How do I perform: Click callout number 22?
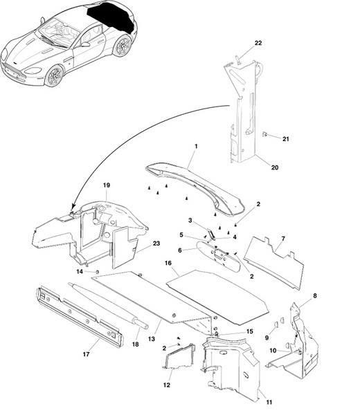click(258, 43)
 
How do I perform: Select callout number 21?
click(285, 139)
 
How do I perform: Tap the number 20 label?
click(275, 167)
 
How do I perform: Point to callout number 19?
click(106, 185)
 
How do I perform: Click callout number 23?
click(156, 243)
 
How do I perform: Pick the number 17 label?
click(86, 354)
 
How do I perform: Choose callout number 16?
click(168, 263)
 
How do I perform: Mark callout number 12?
click(166, 385)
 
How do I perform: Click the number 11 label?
click(269, 403)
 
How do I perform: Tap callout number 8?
click(315, 295)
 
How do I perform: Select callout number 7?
click(283, 239)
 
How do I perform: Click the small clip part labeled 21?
click(264, 135)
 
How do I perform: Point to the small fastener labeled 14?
click(97, 272)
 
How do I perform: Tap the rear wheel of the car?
click(122, 46)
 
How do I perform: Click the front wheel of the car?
click(54, 76)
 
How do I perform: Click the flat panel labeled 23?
click(123, 246)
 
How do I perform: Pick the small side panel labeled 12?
click(179, 356)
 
